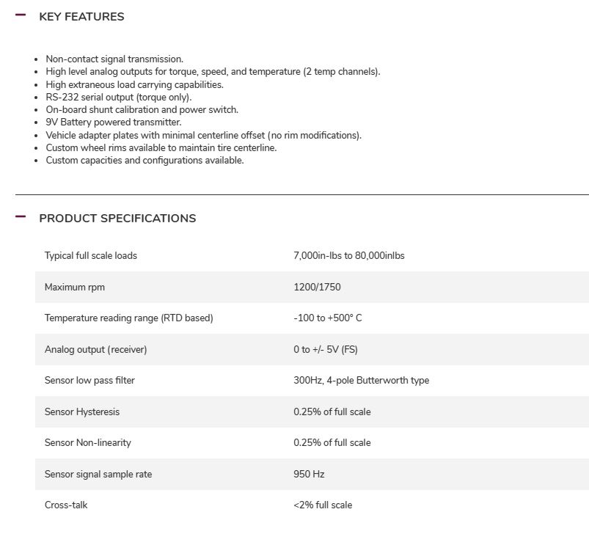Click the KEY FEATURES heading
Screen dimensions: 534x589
81,17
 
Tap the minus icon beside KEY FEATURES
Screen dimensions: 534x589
21,15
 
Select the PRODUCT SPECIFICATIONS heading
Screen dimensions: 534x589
117,219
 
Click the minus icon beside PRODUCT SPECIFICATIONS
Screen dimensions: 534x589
21,216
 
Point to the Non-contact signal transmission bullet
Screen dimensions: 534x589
114,59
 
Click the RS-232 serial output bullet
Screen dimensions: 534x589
118,97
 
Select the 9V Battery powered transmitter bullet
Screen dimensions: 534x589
114,122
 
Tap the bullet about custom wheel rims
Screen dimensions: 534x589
161,147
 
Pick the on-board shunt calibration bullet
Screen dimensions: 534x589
142,110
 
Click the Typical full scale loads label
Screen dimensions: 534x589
91,256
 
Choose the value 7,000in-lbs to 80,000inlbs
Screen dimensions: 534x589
349,256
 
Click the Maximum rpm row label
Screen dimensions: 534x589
75,288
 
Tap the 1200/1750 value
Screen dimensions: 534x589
317,288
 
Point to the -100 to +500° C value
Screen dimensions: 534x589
328,318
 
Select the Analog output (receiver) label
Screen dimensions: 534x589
96,350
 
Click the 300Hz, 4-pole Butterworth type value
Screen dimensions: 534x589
362,381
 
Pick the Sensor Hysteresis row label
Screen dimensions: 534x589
82,412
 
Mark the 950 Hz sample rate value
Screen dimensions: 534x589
309,475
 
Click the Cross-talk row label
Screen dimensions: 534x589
66,505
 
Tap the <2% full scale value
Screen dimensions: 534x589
323,505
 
